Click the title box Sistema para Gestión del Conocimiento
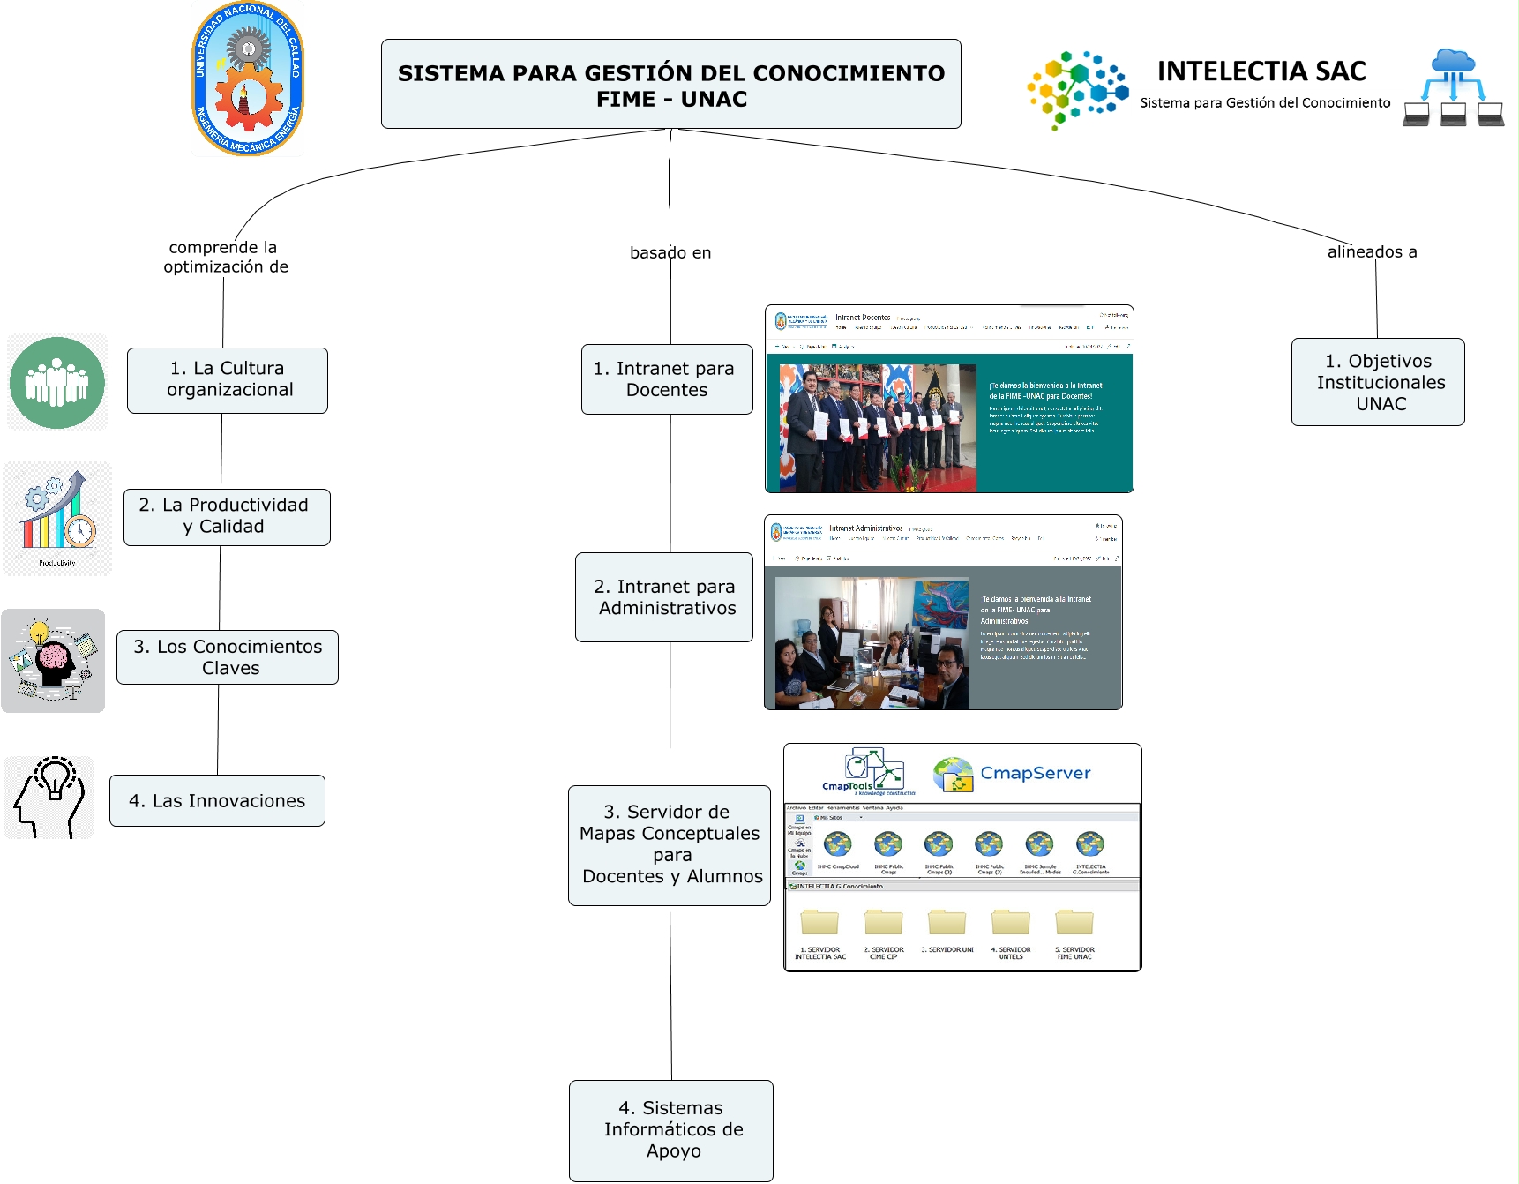click(x=670, y=85)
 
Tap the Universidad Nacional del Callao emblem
click(x=248, y=79)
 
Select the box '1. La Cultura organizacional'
click(x=228, y=380)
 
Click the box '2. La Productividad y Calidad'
click(x=227, y=517)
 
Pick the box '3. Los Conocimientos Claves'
click(x=228, y=657)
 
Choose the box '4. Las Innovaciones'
click(x=217, y=800)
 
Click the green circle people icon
click(x=57, y=383)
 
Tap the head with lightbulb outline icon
click(x=49, y=797)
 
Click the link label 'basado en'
click(x=670, y=253)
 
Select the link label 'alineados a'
click(x=1372, y=252)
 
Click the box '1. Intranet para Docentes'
click(x=667, y=379)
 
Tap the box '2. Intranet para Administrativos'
click(x=664, y=597)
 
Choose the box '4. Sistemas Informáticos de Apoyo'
click(x=671, y=1130)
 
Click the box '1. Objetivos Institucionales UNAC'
click(x=1378, y=382)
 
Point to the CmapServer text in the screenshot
click(x=1036, y=774)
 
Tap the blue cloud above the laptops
click(x=1454, y=61)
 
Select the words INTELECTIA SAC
click(x=1261, y=71)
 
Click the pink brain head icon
click(x=53, y=661)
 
